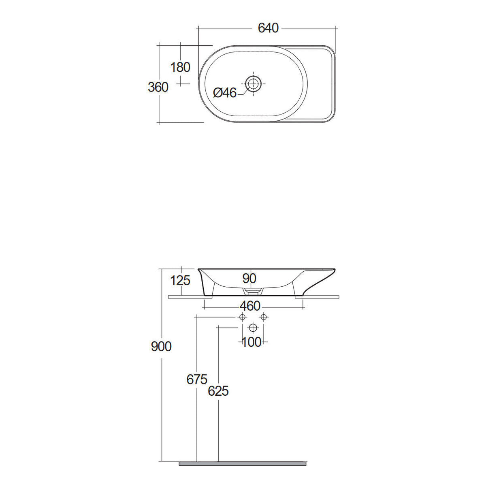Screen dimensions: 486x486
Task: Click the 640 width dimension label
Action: [268, 28]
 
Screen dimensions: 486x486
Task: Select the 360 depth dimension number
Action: [158, 87]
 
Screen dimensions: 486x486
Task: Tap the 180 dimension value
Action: [180, 67]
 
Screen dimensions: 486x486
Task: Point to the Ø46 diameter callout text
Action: [225, 93]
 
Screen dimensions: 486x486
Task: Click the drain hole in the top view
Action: [253, 83]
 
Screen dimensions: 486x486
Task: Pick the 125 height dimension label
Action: [180, 280]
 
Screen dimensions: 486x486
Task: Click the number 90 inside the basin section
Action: [249, 278]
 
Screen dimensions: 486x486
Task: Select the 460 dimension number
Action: [250, 306]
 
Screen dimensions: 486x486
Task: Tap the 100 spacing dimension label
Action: [252, 342]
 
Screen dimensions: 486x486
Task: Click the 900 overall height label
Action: [161, 346]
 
